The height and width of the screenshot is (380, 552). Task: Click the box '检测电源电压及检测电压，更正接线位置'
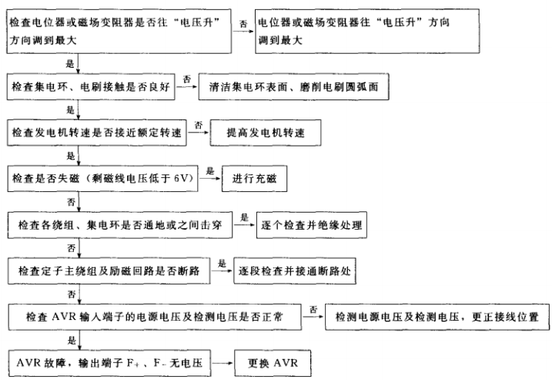tap(437, 316)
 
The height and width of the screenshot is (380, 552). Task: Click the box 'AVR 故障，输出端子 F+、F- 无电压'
tap(106, 362)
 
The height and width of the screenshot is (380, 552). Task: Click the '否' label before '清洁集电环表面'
tap(186, 77)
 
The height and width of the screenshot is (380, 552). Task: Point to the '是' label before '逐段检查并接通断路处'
tap(222, 263)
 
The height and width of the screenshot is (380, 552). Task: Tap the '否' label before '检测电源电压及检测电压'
tap(313, 308)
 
